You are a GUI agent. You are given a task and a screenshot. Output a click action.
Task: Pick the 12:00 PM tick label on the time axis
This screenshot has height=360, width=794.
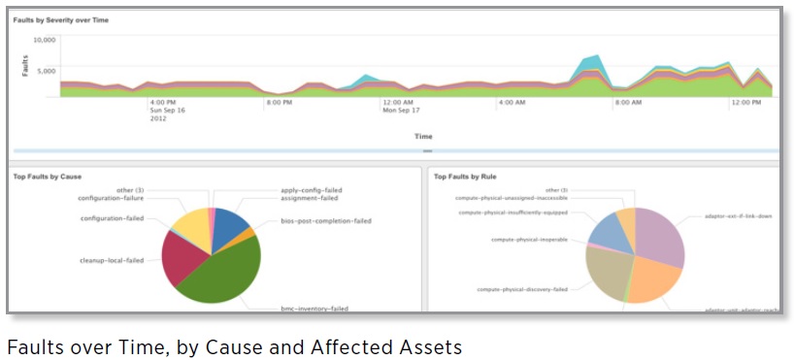coord(745,102)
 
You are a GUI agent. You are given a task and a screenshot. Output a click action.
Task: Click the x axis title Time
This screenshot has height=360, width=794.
coord(423,137)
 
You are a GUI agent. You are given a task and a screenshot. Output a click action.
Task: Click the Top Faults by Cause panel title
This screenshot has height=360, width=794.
coord(47,177)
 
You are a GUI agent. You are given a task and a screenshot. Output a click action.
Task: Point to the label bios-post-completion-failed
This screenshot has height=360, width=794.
coord(312,221)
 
